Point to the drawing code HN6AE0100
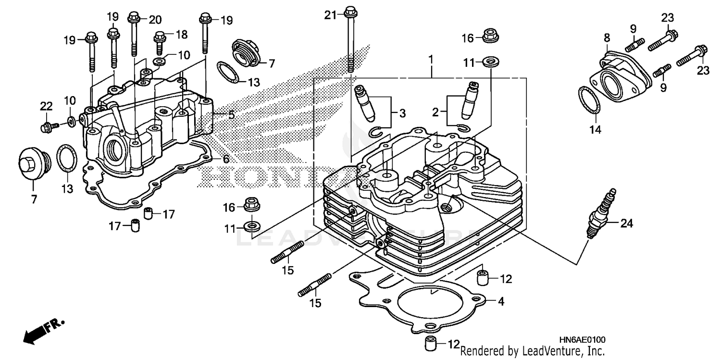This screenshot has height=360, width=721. pyautogui.click(x=582, y=340)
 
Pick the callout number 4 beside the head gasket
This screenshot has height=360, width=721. pyautogui.click(x=501, y=302)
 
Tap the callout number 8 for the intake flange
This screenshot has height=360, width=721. pyautogui.click(x=607, y=37)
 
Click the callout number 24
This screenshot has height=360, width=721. pyautogui.click(x=627, y=223)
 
